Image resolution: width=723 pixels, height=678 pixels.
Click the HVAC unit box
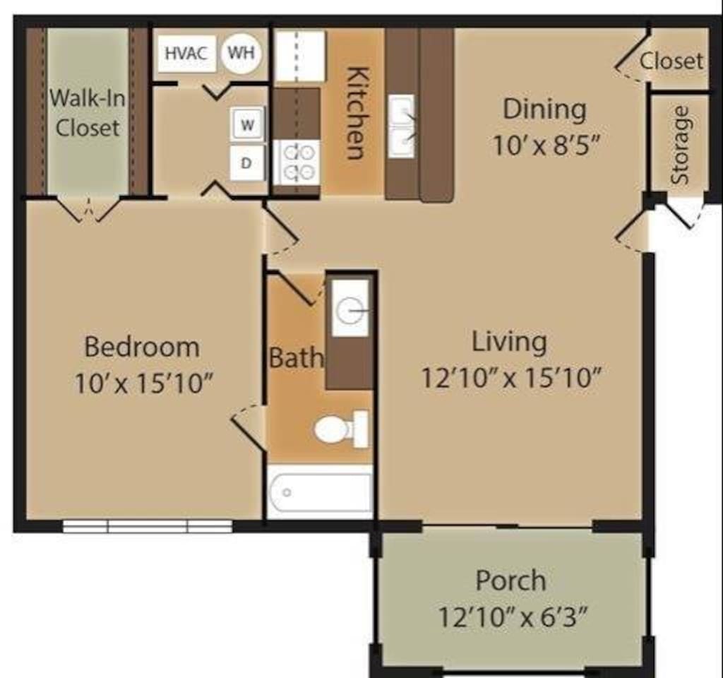(186, 54)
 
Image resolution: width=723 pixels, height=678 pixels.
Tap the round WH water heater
(241, 53)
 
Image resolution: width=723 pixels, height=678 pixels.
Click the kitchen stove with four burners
(297, 162)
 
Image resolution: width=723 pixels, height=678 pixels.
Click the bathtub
(320, 492)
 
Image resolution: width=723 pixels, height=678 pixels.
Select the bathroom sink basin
(350, 308)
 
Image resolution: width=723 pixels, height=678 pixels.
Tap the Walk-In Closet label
(88, 113)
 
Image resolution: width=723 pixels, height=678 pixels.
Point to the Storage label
(681, 145)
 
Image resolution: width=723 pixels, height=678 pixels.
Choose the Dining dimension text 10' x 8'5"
(545, 145)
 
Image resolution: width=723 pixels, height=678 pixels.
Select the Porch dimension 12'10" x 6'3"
(510, 618)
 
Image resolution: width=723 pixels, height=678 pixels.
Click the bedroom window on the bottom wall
(148, 526)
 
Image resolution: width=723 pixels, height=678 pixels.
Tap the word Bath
(296, 357)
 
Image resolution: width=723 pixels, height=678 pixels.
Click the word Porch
(510, 581)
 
